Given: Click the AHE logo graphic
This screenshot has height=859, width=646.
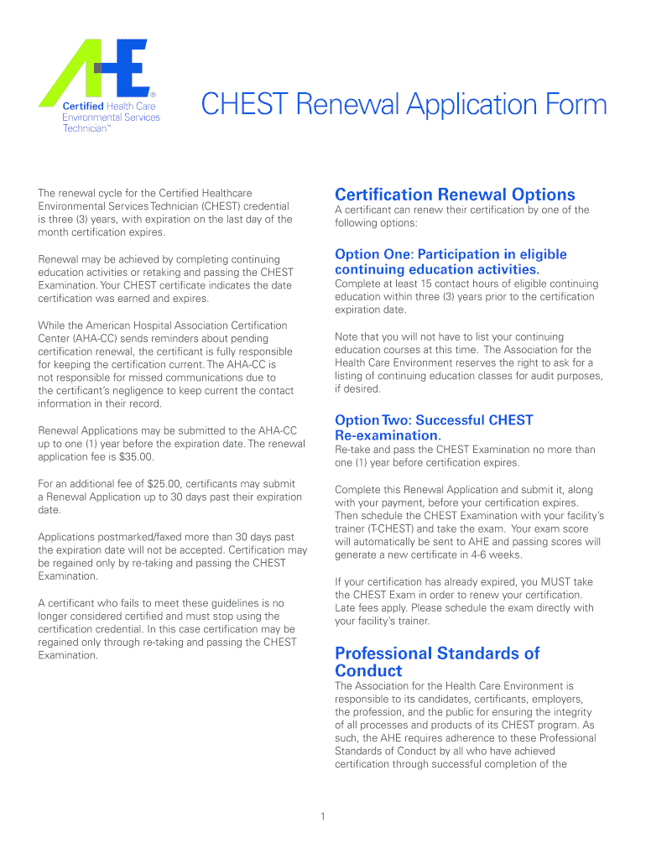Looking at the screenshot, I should (x=97, y=70).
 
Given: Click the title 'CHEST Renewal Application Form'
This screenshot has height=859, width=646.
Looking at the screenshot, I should (x=404, y=105).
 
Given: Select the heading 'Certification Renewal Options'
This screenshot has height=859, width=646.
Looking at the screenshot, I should (x=455, y=195).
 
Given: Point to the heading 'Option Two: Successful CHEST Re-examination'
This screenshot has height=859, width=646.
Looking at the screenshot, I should (x=434, y=428).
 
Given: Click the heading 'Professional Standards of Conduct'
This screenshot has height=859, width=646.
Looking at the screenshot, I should (x=437, y=661).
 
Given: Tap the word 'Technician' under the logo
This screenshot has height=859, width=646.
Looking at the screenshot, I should (x=86, y=128).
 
